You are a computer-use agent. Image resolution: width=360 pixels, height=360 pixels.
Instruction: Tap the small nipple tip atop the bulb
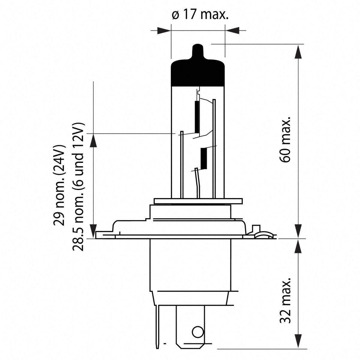197,49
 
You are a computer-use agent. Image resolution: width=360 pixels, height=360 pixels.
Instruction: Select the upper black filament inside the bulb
197,117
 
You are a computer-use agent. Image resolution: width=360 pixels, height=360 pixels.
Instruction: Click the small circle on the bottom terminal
197,332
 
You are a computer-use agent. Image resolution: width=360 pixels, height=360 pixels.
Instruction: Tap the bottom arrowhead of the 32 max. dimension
298,342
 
